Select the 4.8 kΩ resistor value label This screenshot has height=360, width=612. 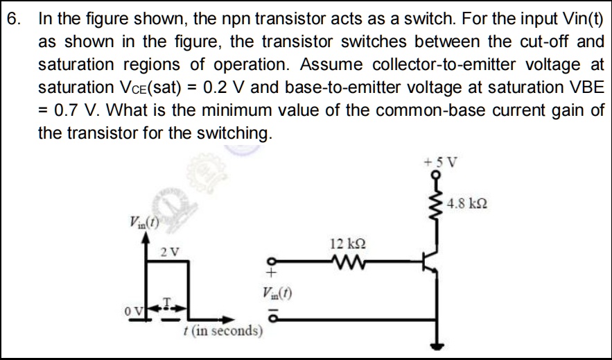click(471, 204)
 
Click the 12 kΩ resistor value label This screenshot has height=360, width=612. click(344, 243)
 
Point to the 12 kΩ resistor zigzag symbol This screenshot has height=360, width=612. click(345, 262)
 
